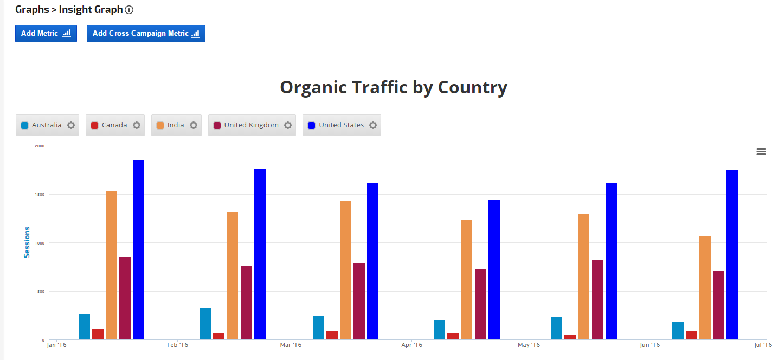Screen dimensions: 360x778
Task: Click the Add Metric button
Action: click(x=46, y=34)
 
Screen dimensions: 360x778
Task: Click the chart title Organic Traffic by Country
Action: click(x=394, y=87)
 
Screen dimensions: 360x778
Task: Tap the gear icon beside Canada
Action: click(x=137, y=125)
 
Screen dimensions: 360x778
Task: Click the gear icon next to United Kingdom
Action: click(x=288, y=125)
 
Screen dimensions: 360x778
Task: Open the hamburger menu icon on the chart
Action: click(x=761, y=152)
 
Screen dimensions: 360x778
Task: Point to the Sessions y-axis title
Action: click(x=27, y=242)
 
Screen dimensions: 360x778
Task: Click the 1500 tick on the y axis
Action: click(x=40, y=194)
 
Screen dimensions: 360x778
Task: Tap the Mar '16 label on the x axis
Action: click(x=291, y=345)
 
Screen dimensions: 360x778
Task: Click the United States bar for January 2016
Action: click(x=138, y=250)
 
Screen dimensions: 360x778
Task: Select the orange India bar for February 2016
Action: click(x=232, y=275)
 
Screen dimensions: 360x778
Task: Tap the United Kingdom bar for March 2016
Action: click(x=359, y=301)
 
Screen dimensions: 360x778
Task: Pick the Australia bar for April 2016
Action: click(x=439, y=330)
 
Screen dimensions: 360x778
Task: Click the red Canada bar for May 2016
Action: click(x=570, y=337)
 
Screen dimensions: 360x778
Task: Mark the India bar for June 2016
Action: click(x=705, y=287)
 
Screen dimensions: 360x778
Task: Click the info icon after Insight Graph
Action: click(x=129, y=10)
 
